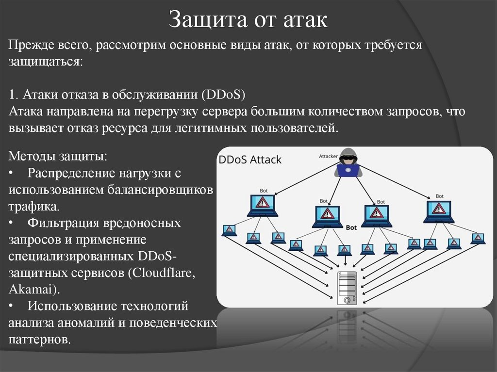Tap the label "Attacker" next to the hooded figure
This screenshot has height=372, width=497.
click(x=328, y=156)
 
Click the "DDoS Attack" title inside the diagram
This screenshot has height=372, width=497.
click(x=250, y=160)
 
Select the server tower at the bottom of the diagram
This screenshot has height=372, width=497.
click(x=347, y=288)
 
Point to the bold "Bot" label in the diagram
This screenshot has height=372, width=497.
click(x=351, y=226)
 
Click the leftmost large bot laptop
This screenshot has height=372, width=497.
click(x=262, y=205)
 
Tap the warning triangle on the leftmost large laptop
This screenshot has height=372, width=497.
click(x=263, y=202)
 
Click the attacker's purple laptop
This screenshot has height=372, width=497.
click(x=348, y=171)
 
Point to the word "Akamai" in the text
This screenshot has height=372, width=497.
click(x=32, y=290)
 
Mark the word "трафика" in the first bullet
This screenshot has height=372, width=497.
click(x=33, y=206)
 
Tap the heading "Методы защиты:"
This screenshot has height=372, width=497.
click(x=58, y=157)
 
